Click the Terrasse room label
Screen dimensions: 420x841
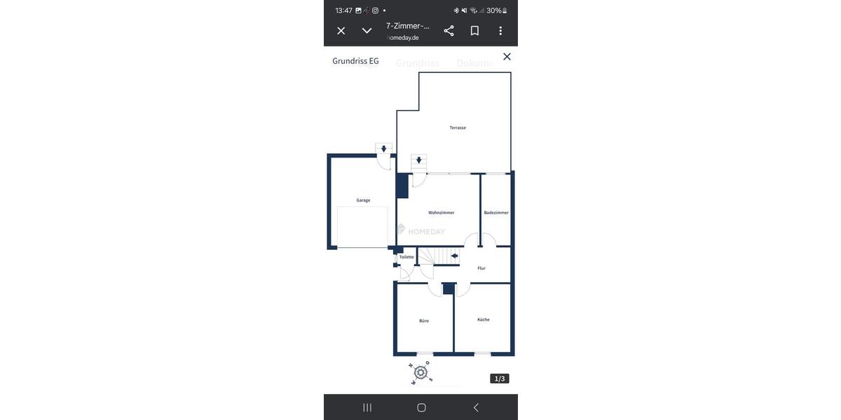click(458, 127)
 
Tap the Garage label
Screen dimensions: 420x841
click(363, 200)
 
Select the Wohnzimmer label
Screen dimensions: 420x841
click(442, 213)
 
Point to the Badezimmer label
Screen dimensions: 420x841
click(496, 213)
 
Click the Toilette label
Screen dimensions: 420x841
click(406, 257)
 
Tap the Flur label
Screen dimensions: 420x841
click(481, 268)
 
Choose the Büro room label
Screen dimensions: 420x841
click(424, 321)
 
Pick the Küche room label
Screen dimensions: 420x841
click(484, 319)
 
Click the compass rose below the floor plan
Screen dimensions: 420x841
click(420, 372)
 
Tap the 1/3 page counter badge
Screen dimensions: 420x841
click(500, 379)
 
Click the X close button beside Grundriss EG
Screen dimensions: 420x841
click(507, 57)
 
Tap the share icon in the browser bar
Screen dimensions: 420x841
click(449, 31)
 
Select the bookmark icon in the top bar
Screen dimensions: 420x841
click(474, 31)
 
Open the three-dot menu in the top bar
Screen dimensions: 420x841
click(500, 31)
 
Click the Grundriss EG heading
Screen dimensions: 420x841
click(355, 61)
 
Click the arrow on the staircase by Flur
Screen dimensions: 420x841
click(454, 256)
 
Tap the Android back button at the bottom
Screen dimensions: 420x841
click(476, 407)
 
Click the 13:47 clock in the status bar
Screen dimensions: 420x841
click(343, 10)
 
